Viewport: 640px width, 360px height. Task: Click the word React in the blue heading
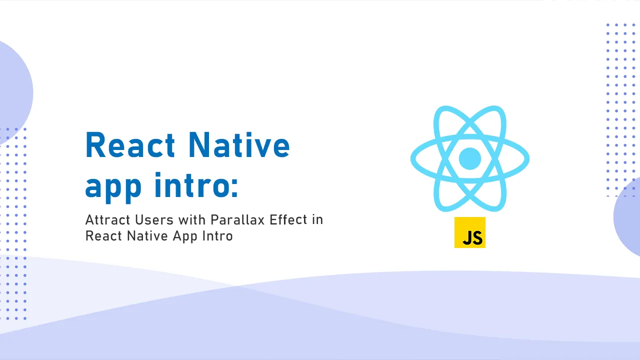130,145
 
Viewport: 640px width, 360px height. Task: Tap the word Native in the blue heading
239,144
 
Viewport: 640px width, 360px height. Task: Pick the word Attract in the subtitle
107,220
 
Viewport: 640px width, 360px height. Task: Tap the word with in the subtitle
192,219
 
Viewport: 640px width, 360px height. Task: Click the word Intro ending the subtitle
217,236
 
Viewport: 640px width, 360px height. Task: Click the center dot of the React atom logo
469,158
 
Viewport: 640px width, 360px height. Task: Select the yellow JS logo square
470,232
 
